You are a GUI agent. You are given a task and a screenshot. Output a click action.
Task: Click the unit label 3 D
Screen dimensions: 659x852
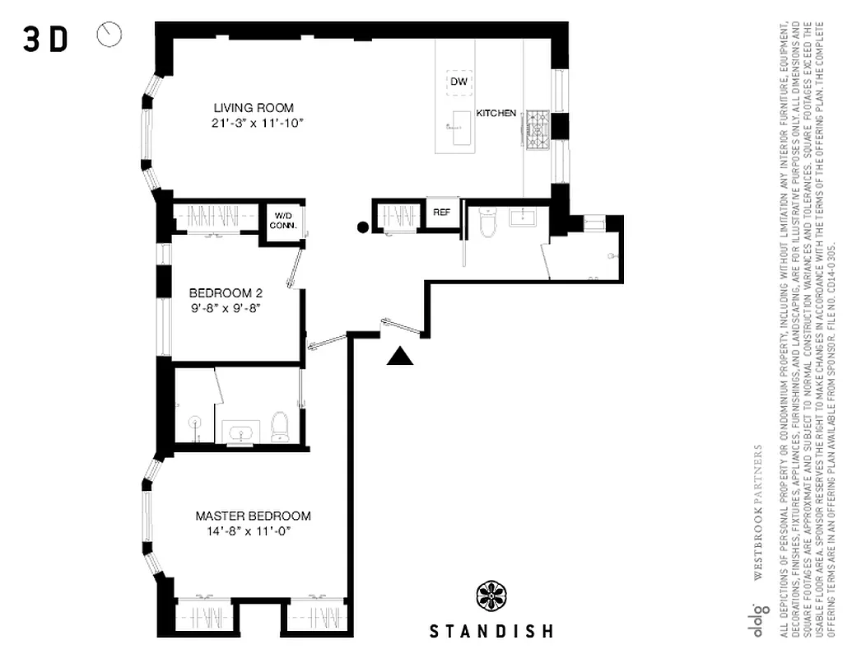(45, 40)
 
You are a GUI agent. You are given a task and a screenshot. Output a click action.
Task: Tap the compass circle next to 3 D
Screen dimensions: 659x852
(109, 35)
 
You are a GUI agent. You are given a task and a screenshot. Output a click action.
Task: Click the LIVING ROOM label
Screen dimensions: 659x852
(254, 108)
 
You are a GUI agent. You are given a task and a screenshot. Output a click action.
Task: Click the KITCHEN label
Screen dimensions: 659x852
(496, 113)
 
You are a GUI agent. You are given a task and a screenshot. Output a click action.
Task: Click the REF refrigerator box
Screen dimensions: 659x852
(442, 212)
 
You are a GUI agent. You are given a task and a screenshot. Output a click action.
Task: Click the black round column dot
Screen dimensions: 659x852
(361, 228)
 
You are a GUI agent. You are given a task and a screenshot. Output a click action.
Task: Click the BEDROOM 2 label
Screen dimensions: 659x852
(226, 293)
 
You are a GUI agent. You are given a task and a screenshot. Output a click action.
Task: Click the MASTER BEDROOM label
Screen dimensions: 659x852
(253, 516)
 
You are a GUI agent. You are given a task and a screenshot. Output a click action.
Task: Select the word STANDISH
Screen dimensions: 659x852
(491, 632)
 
